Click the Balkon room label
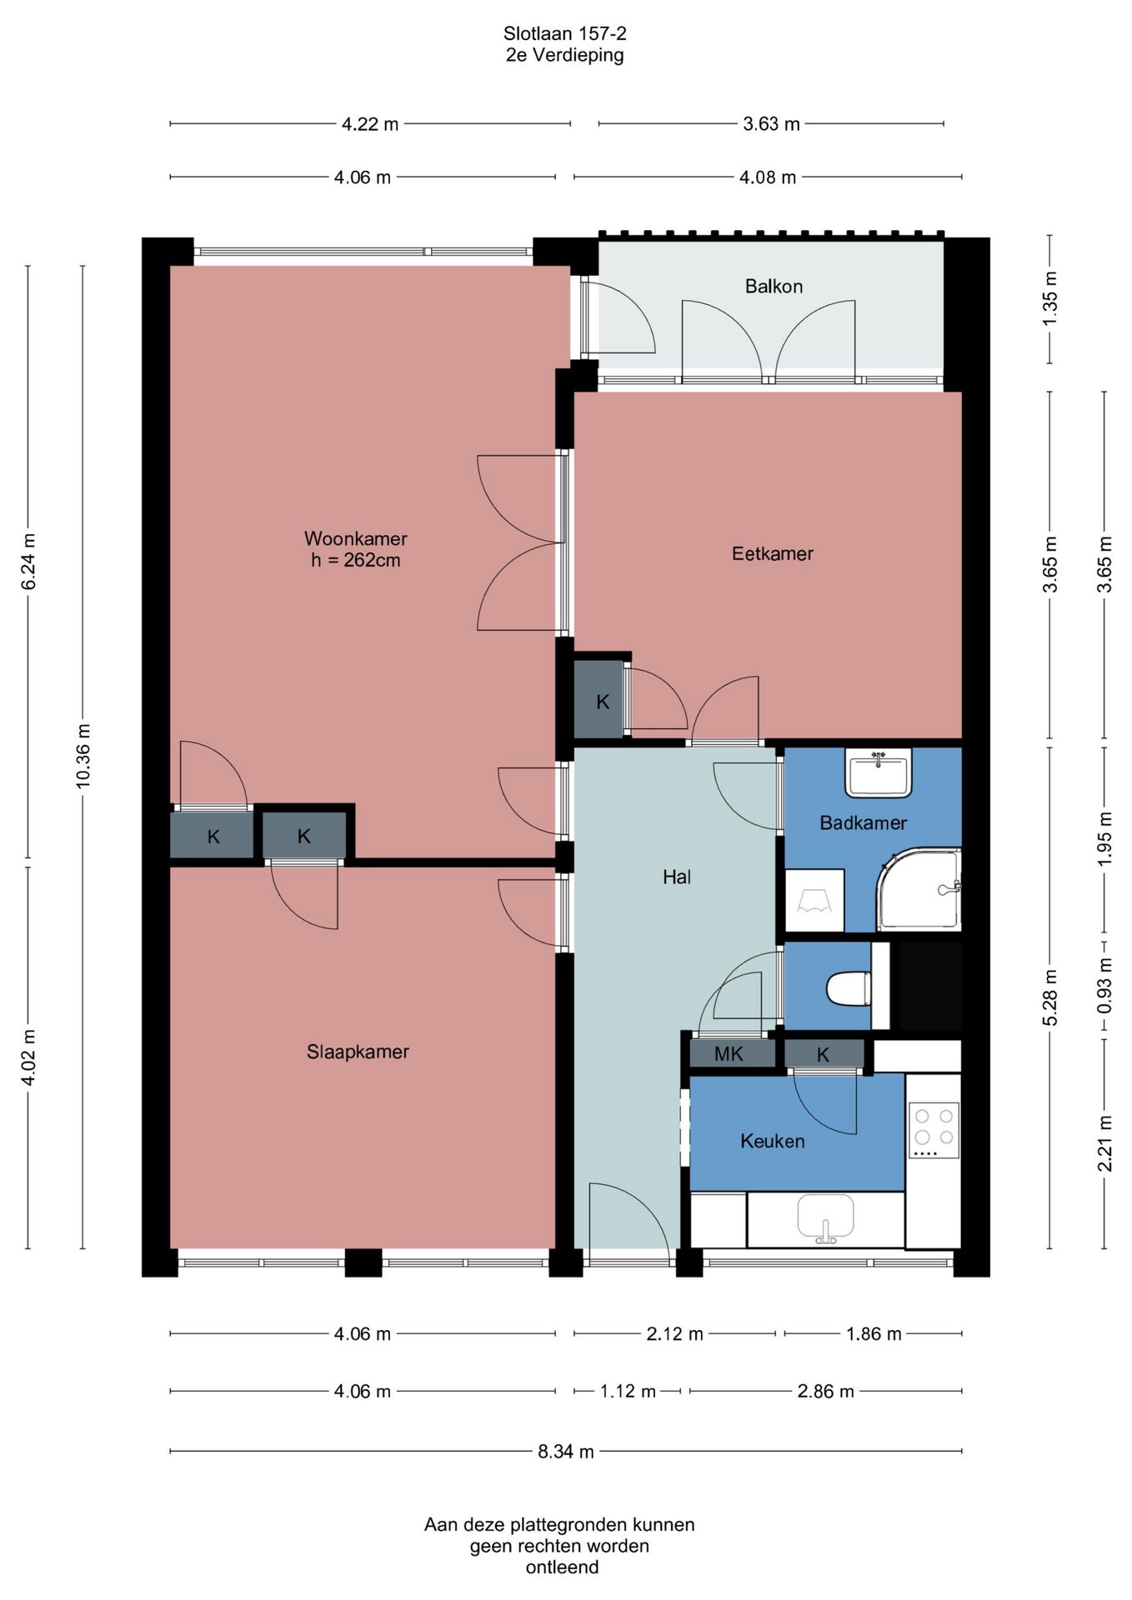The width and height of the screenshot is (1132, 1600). pos(774,287)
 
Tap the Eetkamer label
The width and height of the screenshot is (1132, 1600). pos(773,553)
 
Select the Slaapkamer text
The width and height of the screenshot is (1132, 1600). pos(358,1052)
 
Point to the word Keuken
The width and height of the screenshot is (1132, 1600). pos(773,1141)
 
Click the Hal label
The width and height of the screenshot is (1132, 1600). pos(677,877)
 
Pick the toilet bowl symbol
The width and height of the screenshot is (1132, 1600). pos(849,988)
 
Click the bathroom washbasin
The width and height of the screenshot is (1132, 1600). pos(879,772)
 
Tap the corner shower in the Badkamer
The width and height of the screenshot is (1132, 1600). pos(919,889)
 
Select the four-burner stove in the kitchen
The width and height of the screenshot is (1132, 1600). pos(934,1130)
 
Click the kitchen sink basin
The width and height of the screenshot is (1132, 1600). pos(825,1217)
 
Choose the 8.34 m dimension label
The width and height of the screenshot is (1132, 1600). pos(566,1452)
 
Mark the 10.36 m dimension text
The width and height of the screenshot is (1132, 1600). pos(83,756)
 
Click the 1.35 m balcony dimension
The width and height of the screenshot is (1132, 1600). pos(1050,298)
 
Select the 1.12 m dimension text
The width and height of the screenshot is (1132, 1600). pos(628,1391)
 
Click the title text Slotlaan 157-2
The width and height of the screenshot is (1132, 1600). pos(564,33)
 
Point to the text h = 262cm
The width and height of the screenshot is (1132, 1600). pos(356,560)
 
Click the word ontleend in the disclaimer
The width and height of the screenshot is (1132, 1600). pos(562,1567)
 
